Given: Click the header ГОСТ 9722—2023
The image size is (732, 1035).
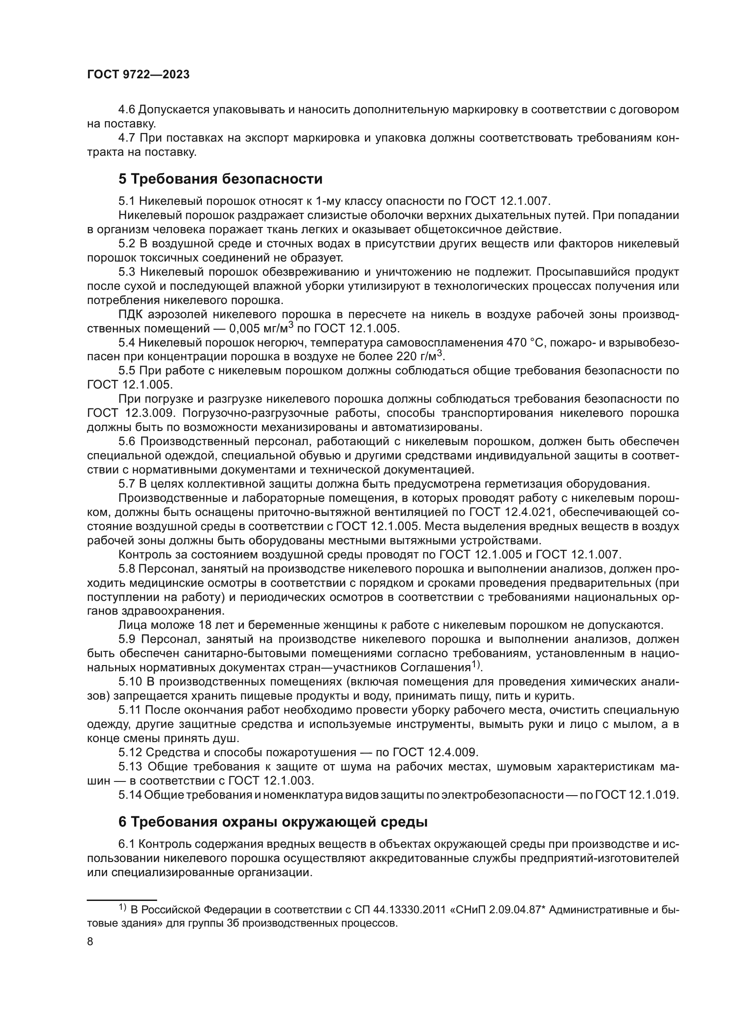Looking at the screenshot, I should [x=138, y=75].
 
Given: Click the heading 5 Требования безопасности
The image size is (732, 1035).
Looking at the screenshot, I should [x=220, y=179].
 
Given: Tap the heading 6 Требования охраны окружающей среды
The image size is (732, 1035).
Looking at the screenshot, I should [x=273, y=822].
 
